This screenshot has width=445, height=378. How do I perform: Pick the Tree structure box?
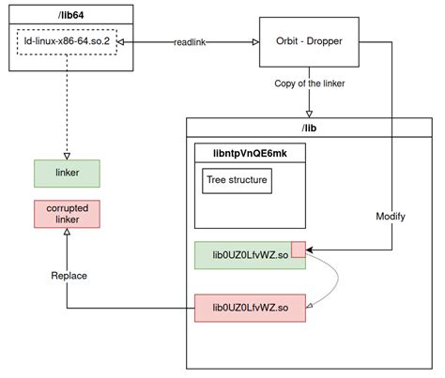pos(237,181)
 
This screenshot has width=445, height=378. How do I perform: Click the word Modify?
pos(390,215)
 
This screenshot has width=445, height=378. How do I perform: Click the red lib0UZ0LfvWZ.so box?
pos(251,307)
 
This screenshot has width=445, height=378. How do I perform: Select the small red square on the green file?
pos(299,249)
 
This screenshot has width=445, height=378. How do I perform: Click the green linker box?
pos(67,172)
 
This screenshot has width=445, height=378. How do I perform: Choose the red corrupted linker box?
pos(67,213)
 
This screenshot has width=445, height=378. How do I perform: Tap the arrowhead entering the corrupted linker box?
pos(67,234)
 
